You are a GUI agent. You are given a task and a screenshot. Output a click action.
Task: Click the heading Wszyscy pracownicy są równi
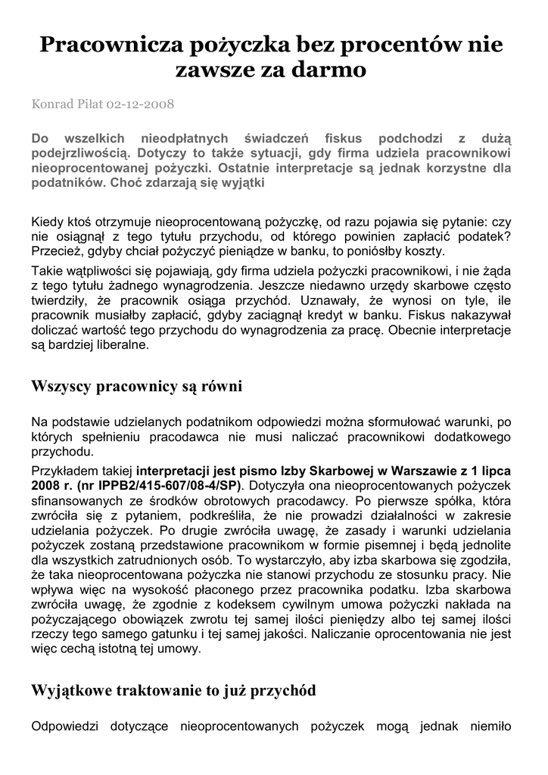tap(136, 387)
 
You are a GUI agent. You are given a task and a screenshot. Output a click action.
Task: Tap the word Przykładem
tap(62, 468)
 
